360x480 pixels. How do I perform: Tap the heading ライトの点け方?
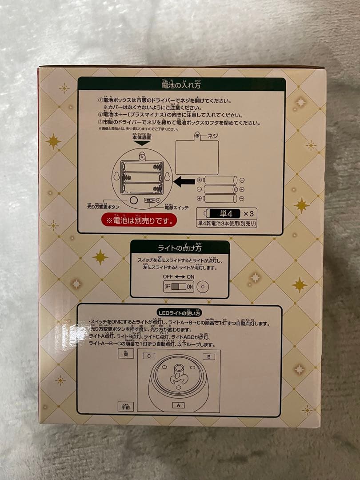[x=180, y=248]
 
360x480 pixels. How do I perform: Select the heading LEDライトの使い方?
[x=179, y=313]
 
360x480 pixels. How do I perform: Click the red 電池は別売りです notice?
[x=139, y=220]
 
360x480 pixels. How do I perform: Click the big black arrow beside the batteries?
[x=184, y=181]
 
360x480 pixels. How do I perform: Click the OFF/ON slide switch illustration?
[x=179, y=287]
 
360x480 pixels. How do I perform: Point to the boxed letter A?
[x=178, y=405]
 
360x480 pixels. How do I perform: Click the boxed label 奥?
[x=125, y=354]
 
